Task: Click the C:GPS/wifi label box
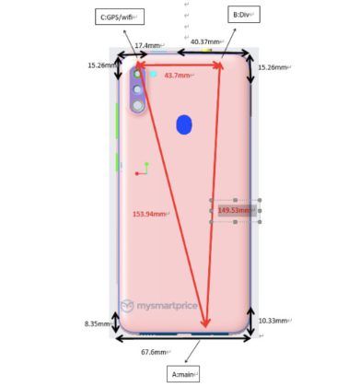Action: click(x=120, y=17)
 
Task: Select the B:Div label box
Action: click(x=244, y=15)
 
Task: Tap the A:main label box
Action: click(x=183, y=374)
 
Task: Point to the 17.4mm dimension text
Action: click(x=147, y=45)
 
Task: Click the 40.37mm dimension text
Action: click(x=205, y=41)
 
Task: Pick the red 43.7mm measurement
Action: click(x=177, y=76)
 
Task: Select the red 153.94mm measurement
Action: click(x=149, y=214)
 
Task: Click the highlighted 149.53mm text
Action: click(x=235, y=210)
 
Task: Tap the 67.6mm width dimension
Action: click(x=154, y=352)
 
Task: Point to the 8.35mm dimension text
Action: click(x=98, y=323)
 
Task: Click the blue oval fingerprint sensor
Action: click(x=184, y=125)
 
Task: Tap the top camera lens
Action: click(x=137, y=74)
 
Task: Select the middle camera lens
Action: click(x=137, y=89)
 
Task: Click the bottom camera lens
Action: click(x=138, y=106)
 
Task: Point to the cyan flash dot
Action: click(x=153, y=74)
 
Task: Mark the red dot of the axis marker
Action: click(x=137, y=174)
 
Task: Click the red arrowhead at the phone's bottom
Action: click(x=205, y=322)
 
